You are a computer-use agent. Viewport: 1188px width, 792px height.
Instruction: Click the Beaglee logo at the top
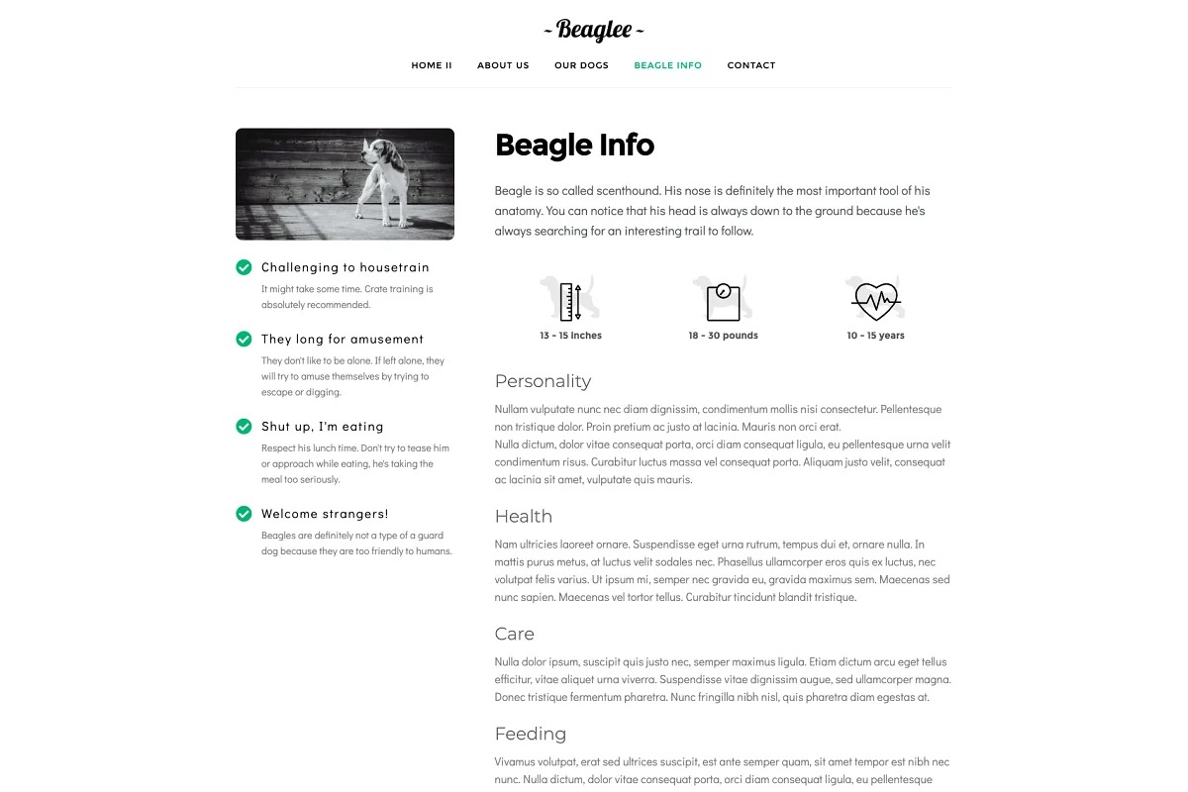594,30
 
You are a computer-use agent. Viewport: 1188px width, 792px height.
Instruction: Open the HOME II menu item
432,65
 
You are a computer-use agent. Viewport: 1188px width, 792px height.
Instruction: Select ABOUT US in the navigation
503,65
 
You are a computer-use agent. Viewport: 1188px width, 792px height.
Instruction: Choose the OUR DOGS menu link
581,65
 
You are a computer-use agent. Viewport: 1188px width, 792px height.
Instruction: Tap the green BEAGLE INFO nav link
667,65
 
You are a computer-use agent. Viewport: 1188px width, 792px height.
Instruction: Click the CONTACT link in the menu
751,65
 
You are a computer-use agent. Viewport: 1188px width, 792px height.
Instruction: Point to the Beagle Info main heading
574,146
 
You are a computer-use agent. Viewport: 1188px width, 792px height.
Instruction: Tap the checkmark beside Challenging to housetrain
244,267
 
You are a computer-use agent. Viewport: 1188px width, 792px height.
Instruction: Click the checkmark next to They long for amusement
244,339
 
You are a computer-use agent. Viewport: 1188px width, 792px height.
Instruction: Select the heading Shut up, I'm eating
322,427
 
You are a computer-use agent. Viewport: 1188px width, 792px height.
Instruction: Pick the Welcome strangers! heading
325,514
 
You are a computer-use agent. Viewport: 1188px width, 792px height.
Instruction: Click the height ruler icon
570,301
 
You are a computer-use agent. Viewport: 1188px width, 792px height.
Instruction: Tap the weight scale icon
724,301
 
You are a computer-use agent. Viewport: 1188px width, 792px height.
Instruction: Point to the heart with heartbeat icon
875,300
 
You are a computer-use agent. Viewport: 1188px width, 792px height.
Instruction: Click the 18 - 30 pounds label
723,336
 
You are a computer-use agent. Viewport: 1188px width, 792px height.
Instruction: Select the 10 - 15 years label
875,336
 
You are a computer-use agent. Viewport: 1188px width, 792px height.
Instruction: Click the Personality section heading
543,381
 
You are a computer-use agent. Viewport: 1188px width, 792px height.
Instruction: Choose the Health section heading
524,516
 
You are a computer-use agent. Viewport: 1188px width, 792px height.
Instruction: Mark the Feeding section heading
531,734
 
